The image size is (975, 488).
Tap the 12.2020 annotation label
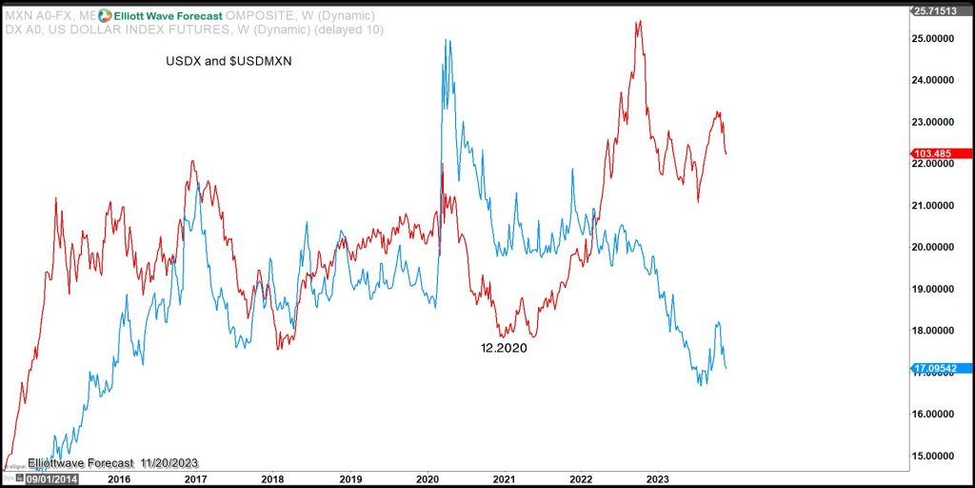[x=504, y=349]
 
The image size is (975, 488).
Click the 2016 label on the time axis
[x=118, y=478]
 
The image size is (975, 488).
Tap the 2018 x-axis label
[x=272, y=478]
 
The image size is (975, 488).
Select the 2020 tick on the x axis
[x=427, y=478]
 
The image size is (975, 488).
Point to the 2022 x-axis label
[x=581, y=478]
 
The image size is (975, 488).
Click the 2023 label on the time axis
[x=658, y=478]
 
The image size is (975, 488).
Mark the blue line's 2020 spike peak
[x=446, y=40]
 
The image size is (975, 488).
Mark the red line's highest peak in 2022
[x=639, y=21]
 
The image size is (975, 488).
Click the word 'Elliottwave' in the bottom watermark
[x=59, y=462]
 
